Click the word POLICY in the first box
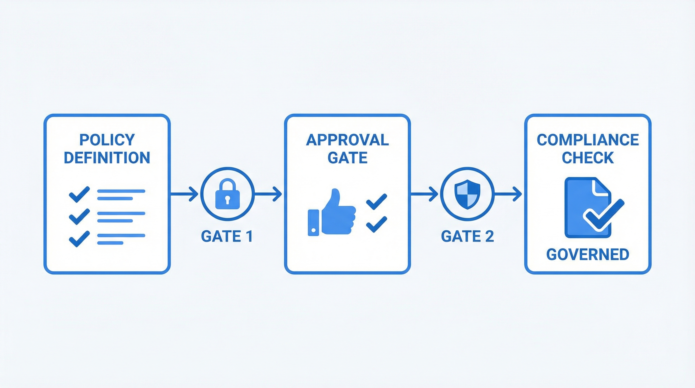(107, 140)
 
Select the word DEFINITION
(107, 158)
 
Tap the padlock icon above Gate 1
(228, 195)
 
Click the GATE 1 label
(227, 236)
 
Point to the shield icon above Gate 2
(467, 195)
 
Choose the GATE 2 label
(467, 236)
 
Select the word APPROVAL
(347, 140)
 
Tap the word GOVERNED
(588, 254)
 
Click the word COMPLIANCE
(588, 140)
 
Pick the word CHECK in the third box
(588, 158)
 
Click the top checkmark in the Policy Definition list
(79, 194)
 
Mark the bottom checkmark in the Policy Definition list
(79, 239)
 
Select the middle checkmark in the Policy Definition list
(79, 216)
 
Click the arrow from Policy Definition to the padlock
(185, 194)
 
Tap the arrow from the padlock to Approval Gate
(268, 194)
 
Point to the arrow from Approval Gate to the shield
(424, 194)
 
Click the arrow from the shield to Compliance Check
(508, 194)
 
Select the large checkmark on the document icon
(604, 214)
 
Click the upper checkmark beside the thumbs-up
(376, 201)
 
